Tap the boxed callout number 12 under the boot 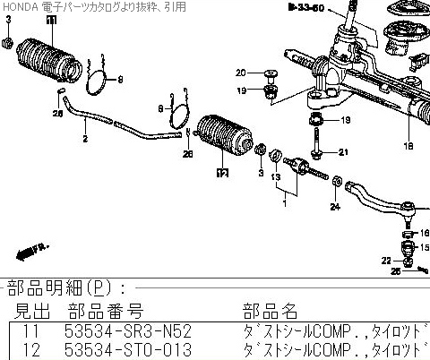tap(220, 174)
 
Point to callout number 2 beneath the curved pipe tap(85, 141)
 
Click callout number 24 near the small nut tap(335, 208)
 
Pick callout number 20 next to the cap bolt tap(241, 72)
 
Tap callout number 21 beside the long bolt tap(341, 152)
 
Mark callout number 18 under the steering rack tap(408, 145)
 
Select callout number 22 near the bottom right tap(386, 260)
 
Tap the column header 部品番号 tap(105, 311)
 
